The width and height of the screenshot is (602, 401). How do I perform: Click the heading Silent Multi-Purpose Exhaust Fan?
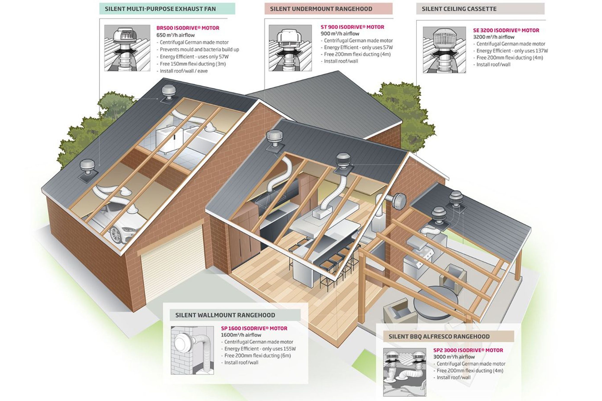coord(160,9)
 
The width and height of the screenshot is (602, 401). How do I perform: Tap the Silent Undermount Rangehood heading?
coord(321,9)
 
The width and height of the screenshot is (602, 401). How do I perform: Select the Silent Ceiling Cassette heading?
coord(459,9)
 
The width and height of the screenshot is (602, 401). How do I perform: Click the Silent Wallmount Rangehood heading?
coord(225,315)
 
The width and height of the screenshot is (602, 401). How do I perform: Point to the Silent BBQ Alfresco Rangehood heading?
coord(439,337)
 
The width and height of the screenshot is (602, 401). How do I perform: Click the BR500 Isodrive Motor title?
coord(188,28)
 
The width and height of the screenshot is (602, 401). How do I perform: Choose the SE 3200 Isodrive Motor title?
coord(506,30)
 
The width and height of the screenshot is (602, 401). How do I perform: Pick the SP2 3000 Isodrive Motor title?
coord(468,350)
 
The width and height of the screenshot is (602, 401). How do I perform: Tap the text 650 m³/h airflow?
coord(175,35)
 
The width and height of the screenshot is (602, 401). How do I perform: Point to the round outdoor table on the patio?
coord(436,302)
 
